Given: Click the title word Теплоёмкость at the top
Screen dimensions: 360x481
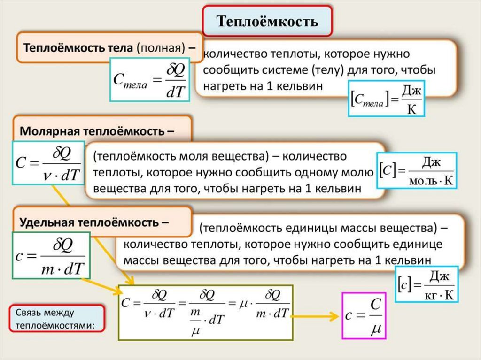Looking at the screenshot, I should point(267,22).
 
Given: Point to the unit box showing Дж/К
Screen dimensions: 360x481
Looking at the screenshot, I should point(386,98).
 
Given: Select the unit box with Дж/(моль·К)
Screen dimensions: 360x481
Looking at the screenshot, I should point(417,170).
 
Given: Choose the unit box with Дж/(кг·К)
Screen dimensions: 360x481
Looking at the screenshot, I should point(427,284).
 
